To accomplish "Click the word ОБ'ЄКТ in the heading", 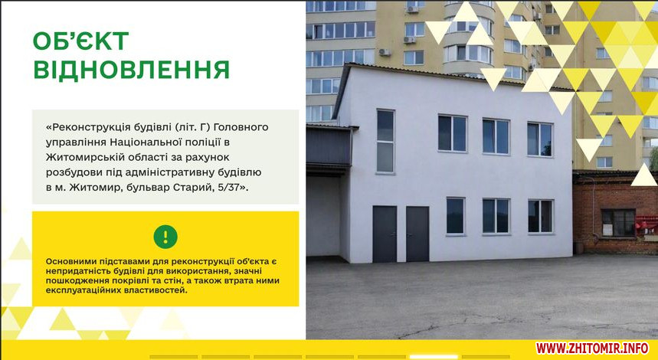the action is [x=81, y=41].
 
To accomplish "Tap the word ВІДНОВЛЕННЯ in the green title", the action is [x=131, y=70].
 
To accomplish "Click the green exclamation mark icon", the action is [x=165, y=237].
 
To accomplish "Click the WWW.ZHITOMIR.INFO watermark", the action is [x=591, y=348].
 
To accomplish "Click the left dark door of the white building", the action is [x=385, y=234].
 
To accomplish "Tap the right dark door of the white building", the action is [x=417, y=234].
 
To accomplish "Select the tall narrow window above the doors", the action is [x=385, y=141].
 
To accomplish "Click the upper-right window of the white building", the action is [x=540, y=139].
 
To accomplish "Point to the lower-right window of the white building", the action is [x=541, y=216].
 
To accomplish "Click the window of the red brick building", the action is [x=618, y=222].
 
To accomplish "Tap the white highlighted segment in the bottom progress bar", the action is [x=434, y=357].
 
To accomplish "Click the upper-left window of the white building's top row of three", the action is [x=453, y=133].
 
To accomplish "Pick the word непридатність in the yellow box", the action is [x=72, y=271].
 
